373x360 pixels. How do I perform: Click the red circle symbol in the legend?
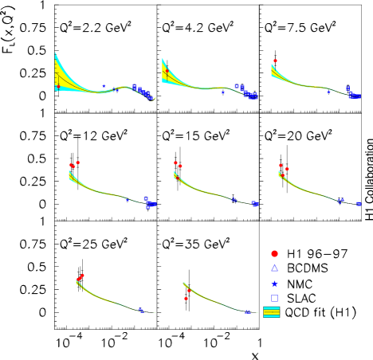pyautogui.click(x=274, y=253)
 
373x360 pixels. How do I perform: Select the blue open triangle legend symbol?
pyautogui.click(x=274, y=268)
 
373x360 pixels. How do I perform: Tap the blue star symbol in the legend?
pyautogui.click(x=274, y=284)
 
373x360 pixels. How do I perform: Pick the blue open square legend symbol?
pyautogui.click(x=274, y=298)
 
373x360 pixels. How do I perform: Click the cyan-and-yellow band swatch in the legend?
pyautogui.click(x=272, y=312)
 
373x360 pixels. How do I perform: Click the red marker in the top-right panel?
pyautogui.click(x=275, y=61)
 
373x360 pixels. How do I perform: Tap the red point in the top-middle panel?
pyautogui.click(x=167, y=72)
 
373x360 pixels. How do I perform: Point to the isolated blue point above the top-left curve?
pyautogui.click(x=104, y=85)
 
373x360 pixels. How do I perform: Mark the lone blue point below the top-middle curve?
pyautogui.click(x=223, y=92)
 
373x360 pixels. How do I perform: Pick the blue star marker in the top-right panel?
pyautogui.click(x=328, y=92)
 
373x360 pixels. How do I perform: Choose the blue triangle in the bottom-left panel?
pyautogui.click(x=141, y=310)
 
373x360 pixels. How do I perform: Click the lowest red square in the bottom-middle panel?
pyautogui.click(x=186, y=299)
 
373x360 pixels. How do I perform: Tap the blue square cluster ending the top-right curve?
pyautogui.click(x=354, y=95)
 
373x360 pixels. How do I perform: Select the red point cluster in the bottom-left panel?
pyautogui.click(x=80, y=278)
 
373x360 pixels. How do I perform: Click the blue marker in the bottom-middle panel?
pyautogui.click(x=247, y=311)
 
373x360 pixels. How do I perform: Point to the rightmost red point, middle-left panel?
pyautogui.click(x=78, y=162)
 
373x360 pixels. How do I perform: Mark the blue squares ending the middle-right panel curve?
pyautogui.click(x=358, y=204)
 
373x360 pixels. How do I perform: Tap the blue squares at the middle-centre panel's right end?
pyautogui.click(x=255, y=204)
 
